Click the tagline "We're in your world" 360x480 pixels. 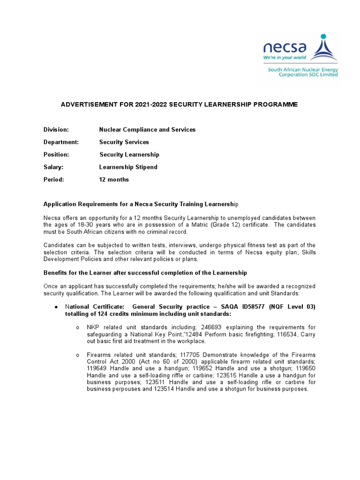point(285,58)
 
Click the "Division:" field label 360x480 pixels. point(56,129)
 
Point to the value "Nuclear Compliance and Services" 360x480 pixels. point(147,129)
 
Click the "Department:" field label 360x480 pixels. point(61,142)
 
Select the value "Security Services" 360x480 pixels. point(124,142)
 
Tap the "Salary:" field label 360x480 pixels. point(53,167)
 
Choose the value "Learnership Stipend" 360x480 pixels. point(128,167)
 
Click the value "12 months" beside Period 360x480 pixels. point(114,180)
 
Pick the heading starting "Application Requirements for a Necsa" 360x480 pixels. point(141,204)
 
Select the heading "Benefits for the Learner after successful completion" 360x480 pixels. point(145,273)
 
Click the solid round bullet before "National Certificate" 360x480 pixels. point(56,307)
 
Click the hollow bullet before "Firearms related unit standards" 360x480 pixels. point(77,355)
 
